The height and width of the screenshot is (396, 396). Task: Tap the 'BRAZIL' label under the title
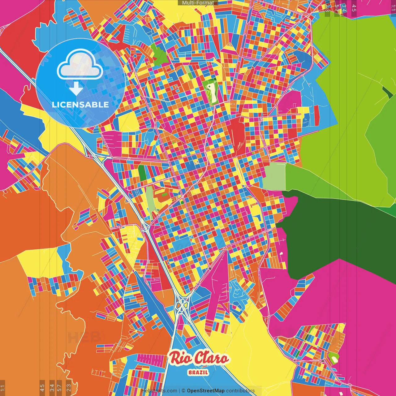tap(198, 372)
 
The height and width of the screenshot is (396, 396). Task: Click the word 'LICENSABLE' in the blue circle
tap(80, 105)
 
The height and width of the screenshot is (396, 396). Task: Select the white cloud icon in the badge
tap(80, 66)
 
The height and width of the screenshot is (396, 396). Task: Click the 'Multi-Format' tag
tap(198, 3)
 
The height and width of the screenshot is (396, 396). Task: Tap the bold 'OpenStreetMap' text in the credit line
tap(206, 391)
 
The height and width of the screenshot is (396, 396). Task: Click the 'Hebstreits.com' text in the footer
tap(159, 391)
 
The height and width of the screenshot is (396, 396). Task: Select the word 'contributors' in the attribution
tap(240, 391)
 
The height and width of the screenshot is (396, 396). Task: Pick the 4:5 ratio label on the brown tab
tap(42, 387)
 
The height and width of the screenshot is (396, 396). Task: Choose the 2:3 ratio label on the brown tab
tap(69, 387)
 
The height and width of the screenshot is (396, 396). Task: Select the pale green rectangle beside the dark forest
tap(274, 176)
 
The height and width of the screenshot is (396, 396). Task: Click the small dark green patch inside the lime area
tap(387, 92)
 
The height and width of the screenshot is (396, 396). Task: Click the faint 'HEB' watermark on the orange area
tap(84, 337)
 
